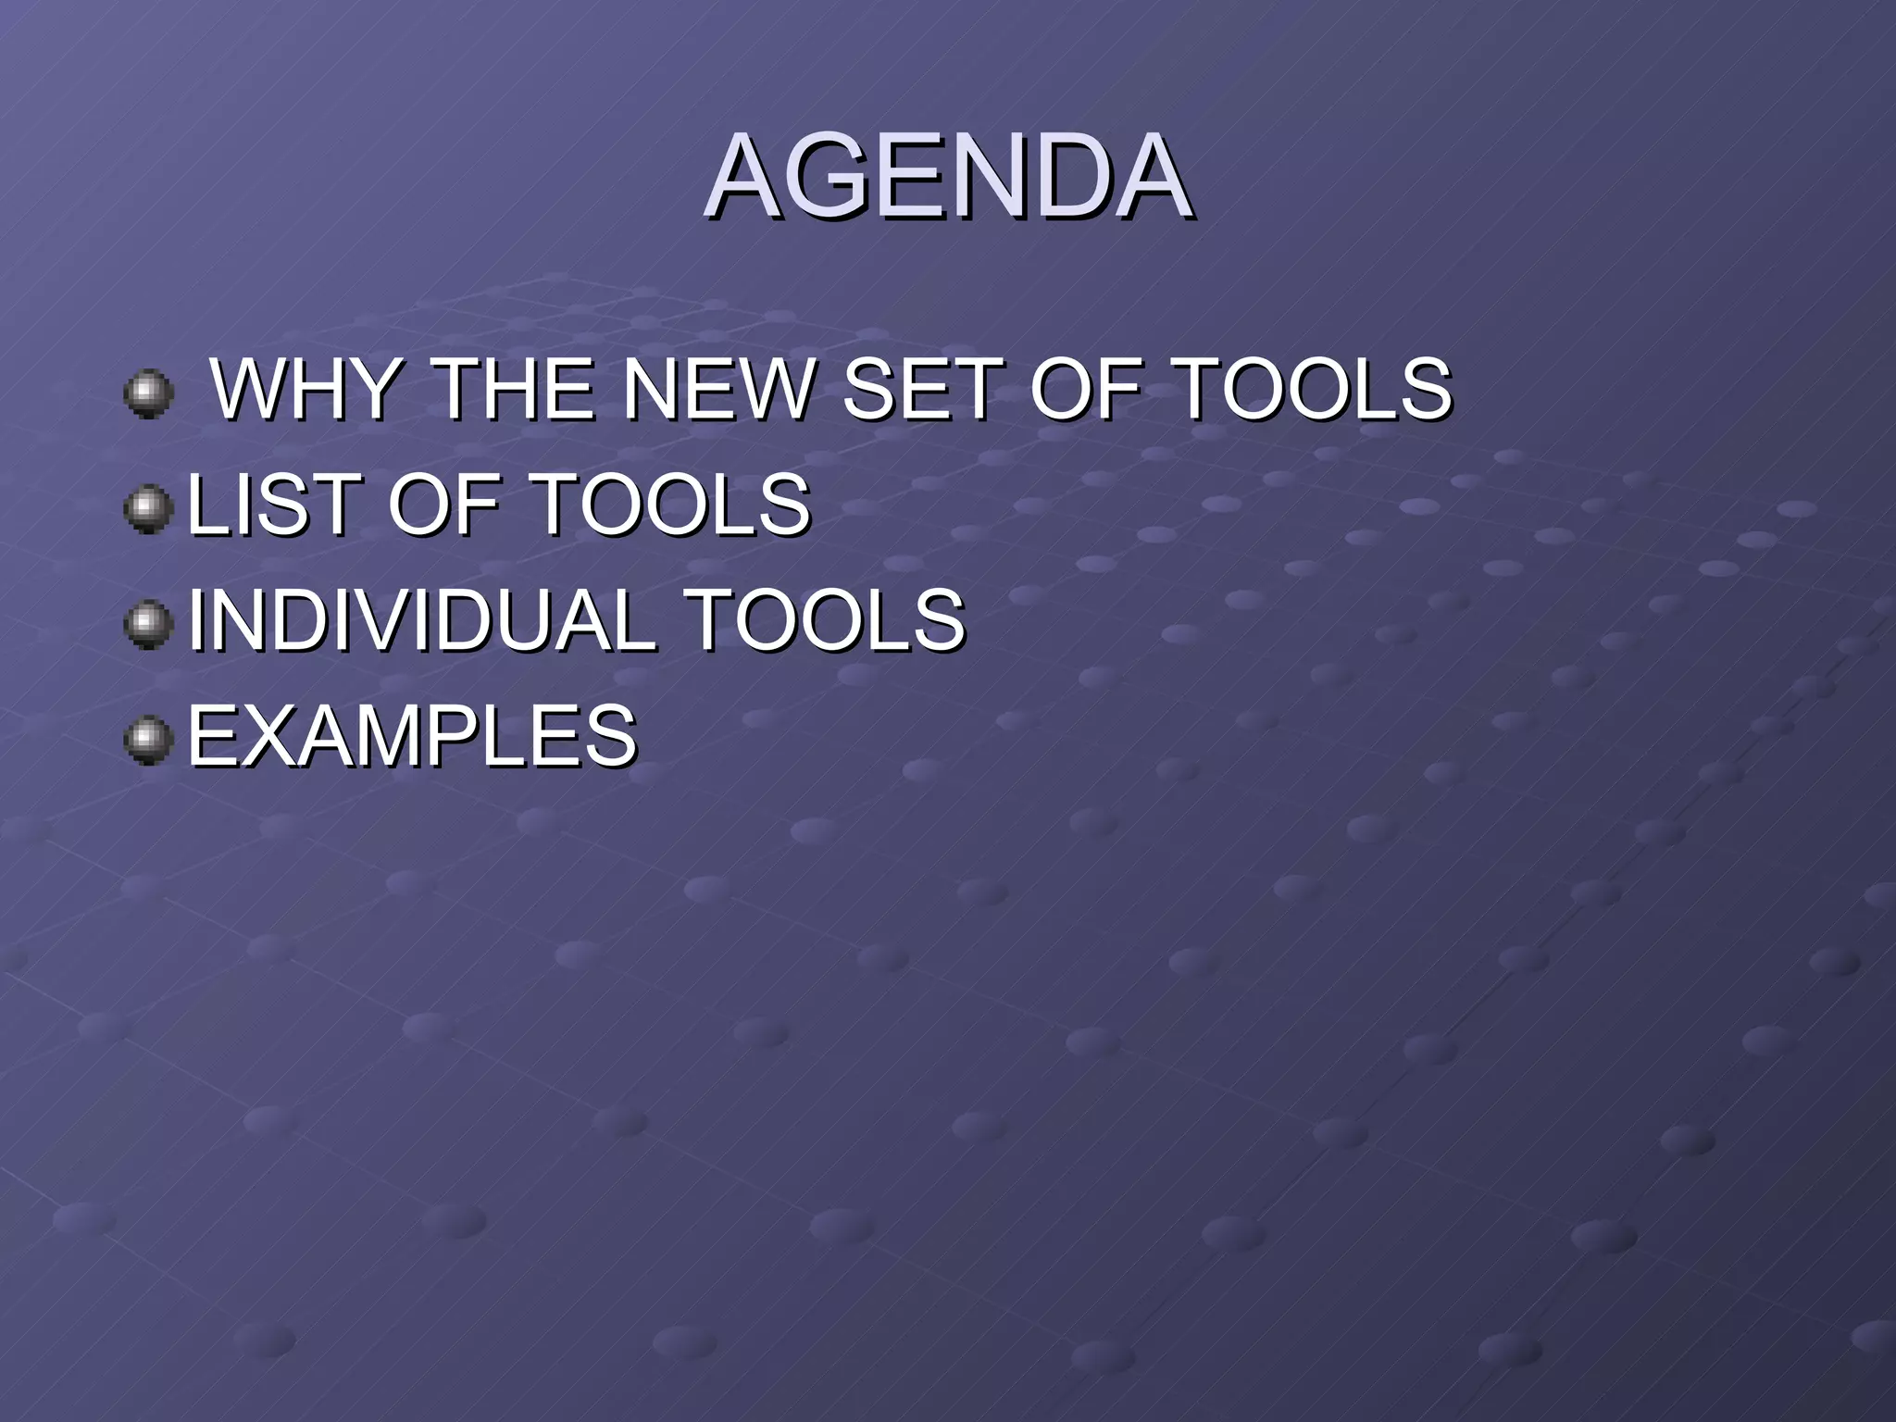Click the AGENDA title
[949, 177]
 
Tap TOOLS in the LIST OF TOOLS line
[672, 505]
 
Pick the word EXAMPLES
[412, 735]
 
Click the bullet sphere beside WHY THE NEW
[148, 394]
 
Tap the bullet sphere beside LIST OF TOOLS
[148, 510]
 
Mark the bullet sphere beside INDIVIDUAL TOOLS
[148, 625]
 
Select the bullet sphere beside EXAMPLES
[148, 741]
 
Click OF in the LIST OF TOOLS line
[443, 505]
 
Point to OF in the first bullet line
[1083, 389]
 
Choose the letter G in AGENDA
[839, 177]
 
